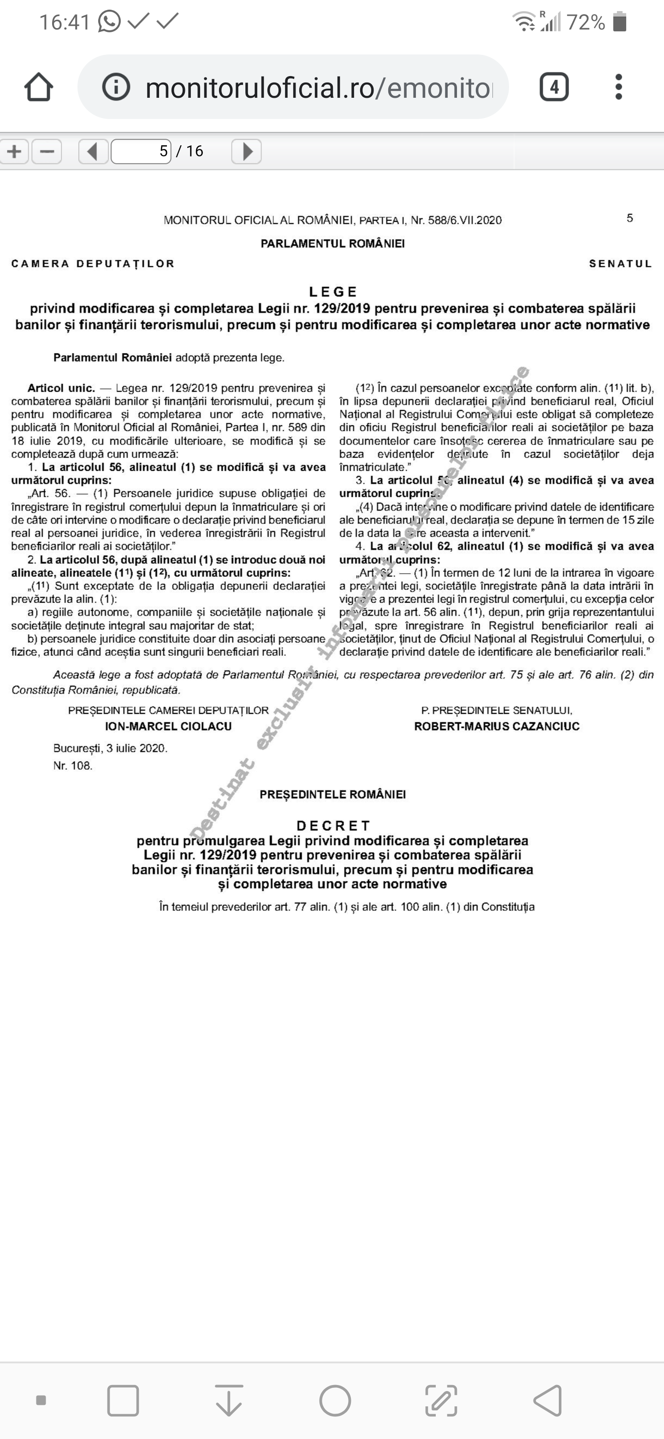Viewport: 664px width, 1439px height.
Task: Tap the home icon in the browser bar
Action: tap(39, 87)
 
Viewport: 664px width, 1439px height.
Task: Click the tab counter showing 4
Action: tap(553, 87)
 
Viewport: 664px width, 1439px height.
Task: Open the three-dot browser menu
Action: tap(618, 87)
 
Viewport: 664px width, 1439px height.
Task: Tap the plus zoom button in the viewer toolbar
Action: tap(14, 151)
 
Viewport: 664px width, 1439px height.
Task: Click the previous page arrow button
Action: tap(93, 151)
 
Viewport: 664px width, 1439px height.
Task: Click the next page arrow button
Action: tap(247, 151)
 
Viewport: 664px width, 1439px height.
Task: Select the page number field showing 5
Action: tap(141, 151)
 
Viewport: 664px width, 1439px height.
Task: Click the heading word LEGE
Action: tap(333, 291)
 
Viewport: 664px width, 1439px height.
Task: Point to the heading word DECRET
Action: tap(333, 826)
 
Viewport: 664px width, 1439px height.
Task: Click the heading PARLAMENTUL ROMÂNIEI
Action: tap(333, 244)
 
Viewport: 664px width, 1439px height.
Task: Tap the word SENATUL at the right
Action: tap(621, 264)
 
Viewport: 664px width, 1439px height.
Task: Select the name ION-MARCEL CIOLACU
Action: tap(168, 726)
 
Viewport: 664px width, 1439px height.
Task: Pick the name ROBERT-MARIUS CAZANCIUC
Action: tap(497, 726)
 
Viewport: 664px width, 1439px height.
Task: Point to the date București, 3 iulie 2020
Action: tap(111, 748)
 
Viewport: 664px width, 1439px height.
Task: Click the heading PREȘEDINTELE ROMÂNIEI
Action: tap(333, 794)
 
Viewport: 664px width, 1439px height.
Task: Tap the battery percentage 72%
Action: tap(586, 22)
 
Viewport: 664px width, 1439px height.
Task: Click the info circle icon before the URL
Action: tap(116, 87)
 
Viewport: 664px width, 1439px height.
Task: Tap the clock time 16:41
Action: tap(65, 22)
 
